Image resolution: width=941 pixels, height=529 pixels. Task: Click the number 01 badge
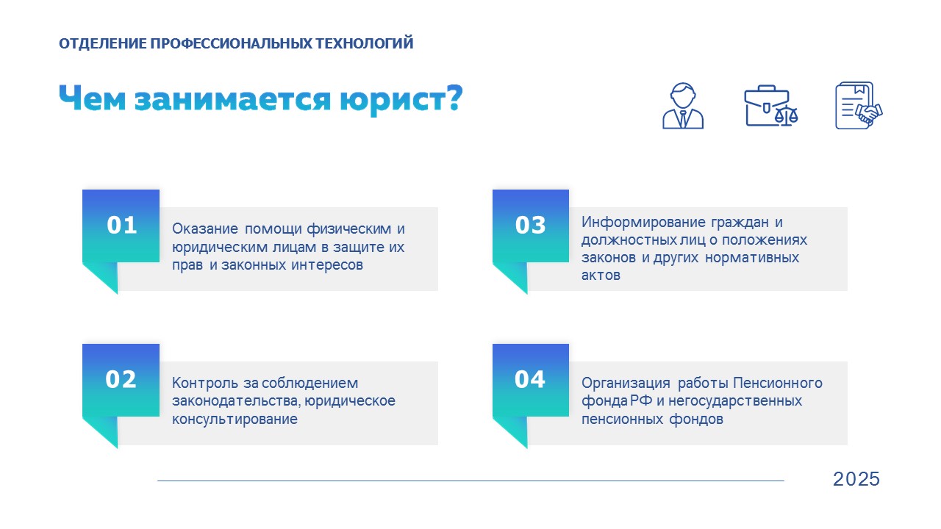(x=121, y=226)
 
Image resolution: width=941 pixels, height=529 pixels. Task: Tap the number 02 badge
(x=121, y=380)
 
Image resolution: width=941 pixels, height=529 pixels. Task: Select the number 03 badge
(x=531, y=226)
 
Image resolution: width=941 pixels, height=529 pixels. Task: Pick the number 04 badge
(x=531, y=380)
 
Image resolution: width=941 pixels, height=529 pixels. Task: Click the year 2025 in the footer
(x=856, y=479)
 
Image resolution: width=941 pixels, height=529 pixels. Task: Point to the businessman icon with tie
(x=683, y=106)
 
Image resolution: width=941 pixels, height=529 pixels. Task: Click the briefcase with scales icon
(x=771, y=106)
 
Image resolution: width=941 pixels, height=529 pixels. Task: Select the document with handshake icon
(x=859, y=106)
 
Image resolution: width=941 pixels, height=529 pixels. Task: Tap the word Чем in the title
(x=93, y=98)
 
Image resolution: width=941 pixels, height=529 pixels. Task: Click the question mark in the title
(x=454, y=98)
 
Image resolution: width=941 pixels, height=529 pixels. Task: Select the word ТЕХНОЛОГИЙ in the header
(x=365, y=43)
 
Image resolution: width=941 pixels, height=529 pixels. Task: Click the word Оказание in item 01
(x=205, y=228)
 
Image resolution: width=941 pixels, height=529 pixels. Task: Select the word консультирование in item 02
(x=235, y=420)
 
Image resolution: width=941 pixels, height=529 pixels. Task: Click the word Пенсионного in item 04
(x=778, y=383)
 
